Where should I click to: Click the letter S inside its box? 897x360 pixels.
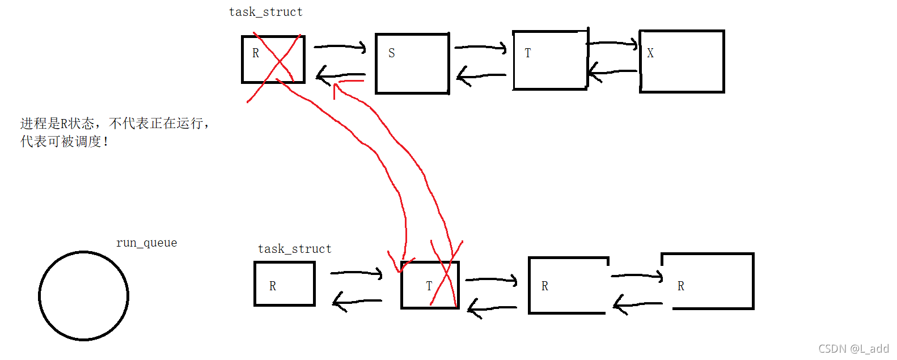pos(392,53)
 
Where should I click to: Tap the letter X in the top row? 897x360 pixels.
pos(650,53)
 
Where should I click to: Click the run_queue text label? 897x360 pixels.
pos(146,243)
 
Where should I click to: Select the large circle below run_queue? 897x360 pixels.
pos(39,296)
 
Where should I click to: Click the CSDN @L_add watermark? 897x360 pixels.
pos(853,349)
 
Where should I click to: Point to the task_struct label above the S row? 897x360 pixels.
pos(265,12)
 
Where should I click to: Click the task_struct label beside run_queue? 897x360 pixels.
pos(294,249)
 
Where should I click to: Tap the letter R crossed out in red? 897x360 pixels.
pos(256,53)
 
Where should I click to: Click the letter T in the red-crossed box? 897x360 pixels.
pos(429,286)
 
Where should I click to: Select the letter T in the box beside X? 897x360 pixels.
pos(528,53)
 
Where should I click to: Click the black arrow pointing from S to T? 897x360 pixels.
pos(481,47)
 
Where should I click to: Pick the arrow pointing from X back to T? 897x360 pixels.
pos(613,72)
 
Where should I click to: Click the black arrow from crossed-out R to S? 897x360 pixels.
pos(340,46)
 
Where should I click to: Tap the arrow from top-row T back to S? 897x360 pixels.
pos(481,75)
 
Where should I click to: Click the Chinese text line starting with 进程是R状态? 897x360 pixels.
pos(115,124)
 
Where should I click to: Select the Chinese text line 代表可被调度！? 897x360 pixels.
pos(64,141)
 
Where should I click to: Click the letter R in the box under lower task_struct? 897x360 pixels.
pos(273,286)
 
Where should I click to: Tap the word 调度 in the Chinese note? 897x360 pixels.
pos(88,141)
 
